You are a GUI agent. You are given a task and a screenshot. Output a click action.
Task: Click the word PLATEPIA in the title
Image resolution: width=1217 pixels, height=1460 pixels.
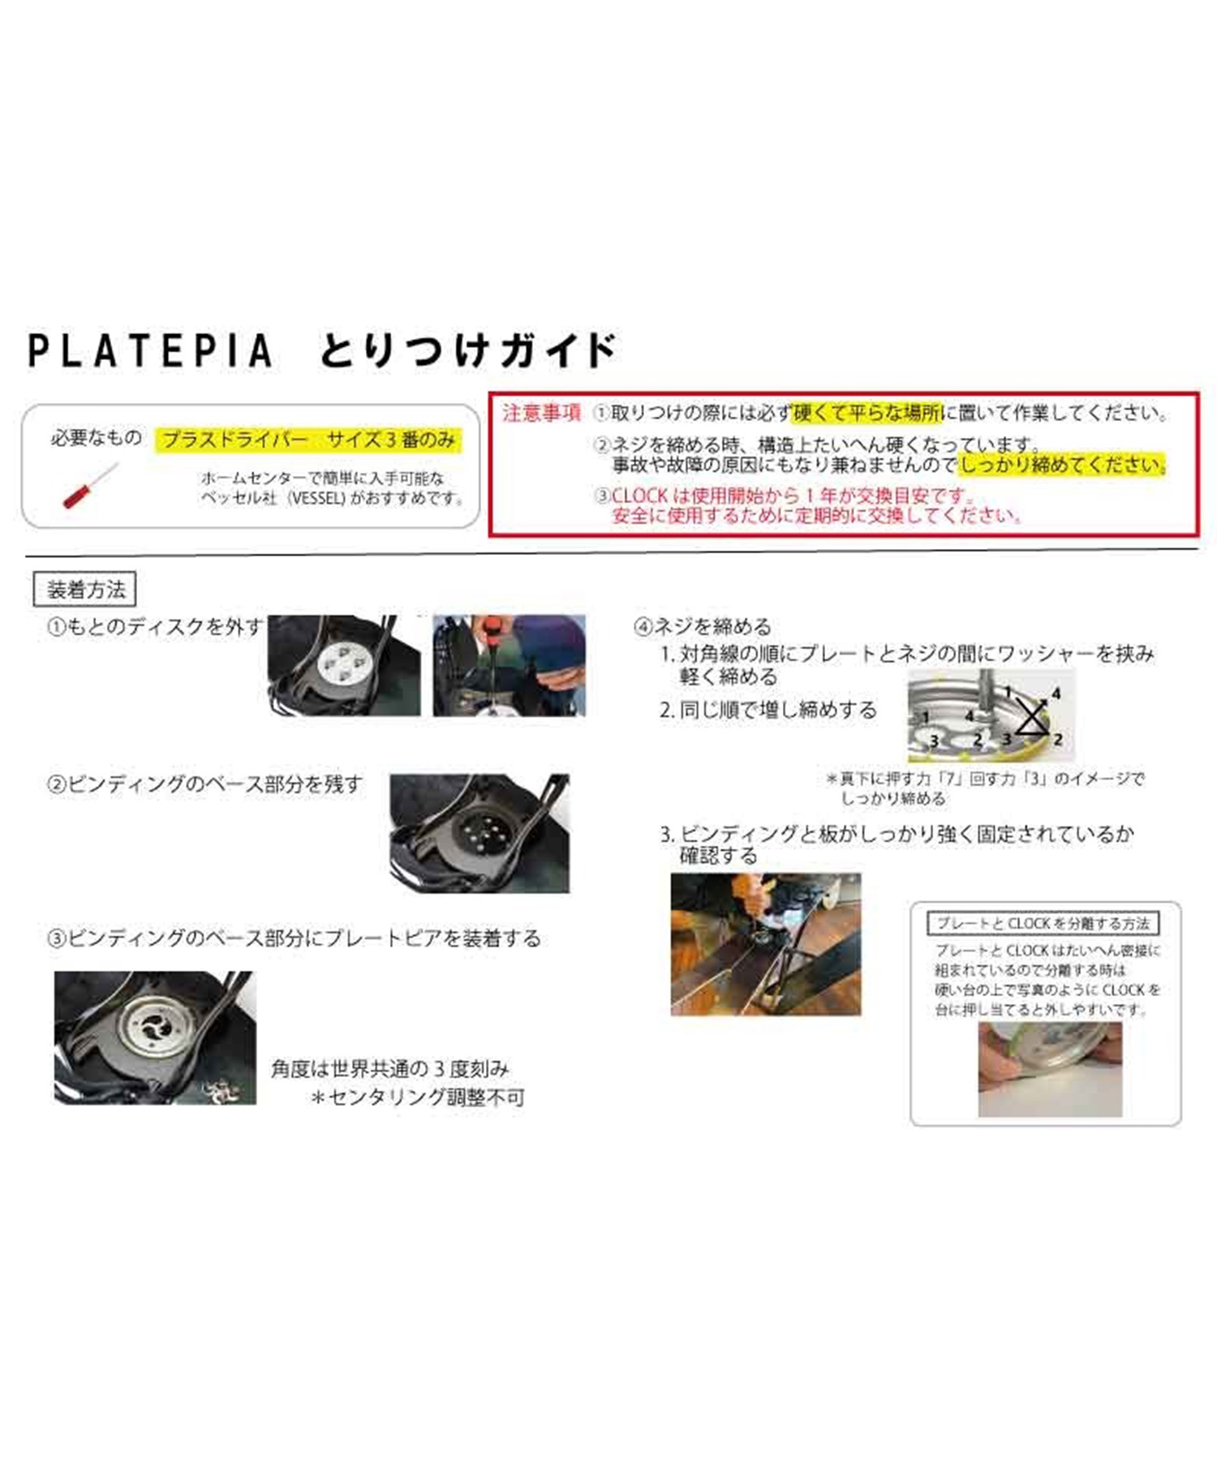[x=150, y=350]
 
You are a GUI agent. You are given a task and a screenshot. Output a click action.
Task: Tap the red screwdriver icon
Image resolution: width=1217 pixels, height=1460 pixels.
[x=90, y=485]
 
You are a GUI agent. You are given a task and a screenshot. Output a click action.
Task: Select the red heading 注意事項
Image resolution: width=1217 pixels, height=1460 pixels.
[x=541, y=413]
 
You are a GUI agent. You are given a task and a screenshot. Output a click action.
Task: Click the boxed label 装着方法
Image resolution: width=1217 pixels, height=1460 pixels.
[x=84, y=589]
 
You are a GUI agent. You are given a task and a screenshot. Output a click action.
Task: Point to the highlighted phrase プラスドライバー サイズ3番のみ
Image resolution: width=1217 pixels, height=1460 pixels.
[x=309, y=440]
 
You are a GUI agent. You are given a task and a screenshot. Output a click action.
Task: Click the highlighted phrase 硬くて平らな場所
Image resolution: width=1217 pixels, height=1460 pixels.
[x=867, y=413]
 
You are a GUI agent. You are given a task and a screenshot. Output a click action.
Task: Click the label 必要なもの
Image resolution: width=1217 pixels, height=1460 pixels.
[x=96, y=438]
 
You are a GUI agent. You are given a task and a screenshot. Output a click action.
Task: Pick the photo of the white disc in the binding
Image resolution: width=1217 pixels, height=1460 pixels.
[x=344, y=665]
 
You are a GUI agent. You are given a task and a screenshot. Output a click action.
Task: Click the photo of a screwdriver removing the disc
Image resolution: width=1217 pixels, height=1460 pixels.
[x=509, y=665]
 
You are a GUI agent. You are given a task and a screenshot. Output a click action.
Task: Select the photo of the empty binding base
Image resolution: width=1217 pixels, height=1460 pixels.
[x=479, y=833]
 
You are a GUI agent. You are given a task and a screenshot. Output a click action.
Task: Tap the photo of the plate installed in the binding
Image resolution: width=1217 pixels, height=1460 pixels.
[x=155, y=1037]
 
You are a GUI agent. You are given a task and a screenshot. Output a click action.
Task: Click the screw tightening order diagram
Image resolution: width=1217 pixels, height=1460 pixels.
[x=991, y=715]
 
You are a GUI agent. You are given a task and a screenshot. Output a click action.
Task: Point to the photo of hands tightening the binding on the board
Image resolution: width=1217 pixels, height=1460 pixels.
[x=766, y=944]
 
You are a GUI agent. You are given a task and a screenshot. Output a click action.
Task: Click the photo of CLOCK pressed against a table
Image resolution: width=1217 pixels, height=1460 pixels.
[x=1050, y=1069]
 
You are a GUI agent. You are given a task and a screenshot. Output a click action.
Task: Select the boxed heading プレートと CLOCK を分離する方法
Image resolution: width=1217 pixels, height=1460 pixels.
[x=1043, y=923]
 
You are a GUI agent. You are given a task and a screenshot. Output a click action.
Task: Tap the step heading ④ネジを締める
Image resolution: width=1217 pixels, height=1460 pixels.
[x=703, y=626]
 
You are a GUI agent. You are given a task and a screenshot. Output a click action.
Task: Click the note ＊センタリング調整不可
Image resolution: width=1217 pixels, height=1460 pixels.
[x=419, y=1097]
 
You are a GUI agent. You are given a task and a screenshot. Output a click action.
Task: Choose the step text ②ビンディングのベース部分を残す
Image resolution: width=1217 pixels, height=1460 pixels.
[x=205, y=784]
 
